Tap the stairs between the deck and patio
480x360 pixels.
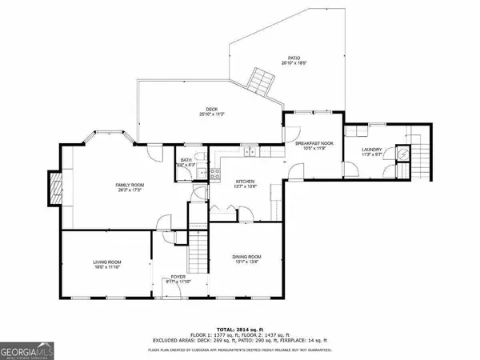click(x=260, y=81)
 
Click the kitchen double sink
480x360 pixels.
click(x=250, y=150)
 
